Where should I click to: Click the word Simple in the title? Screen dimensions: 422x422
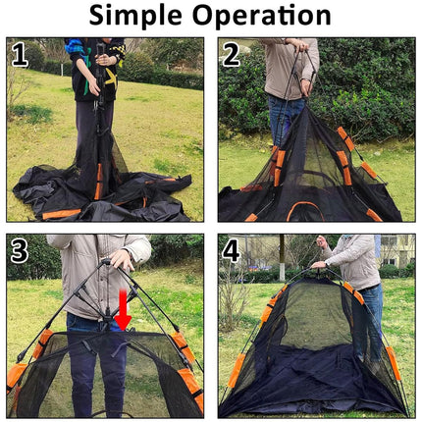click(138, 17)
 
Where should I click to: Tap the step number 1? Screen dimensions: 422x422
click(21, 55)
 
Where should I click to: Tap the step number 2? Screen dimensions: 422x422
click(232, 55)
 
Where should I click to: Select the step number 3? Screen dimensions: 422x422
click(21, 250)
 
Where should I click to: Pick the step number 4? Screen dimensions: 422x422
click(232, 250)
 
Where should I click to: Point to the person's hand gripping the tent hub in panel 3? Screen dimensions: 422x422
click(121, 261)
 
